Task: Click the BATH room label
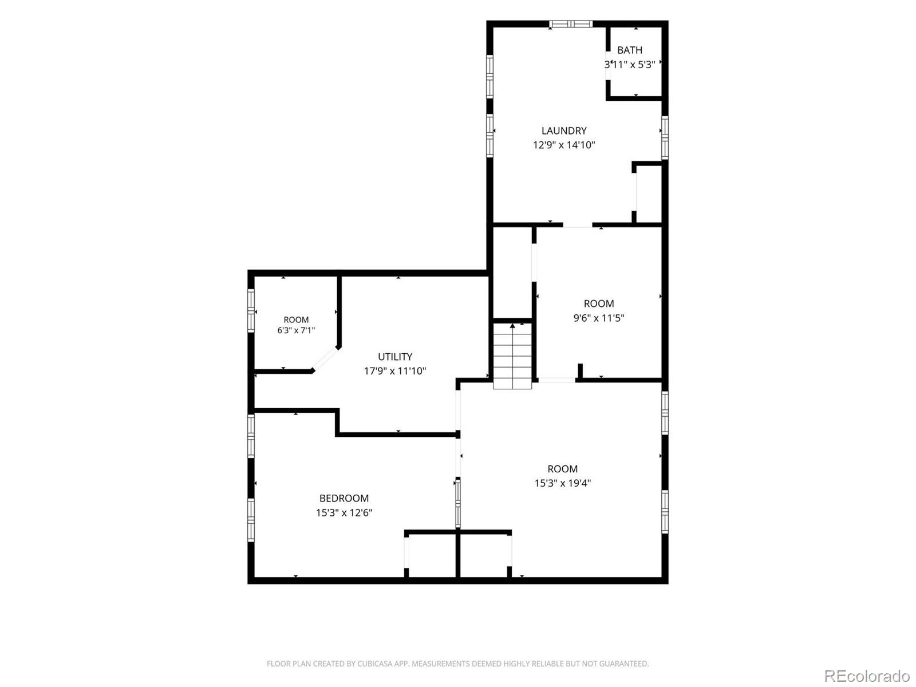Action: tap(629, 50)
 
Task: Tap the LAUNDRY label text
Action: tap(564, 131)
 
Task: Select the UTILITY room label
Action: tap(395, 357)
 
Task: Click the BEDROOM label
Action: tap(344, 498)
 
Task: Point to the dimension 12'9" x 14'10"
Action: tap(564, 145)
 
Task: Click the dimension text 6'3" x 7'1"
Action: tap(296, 330)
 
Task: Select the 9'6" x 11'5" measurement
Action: tap(598, 318)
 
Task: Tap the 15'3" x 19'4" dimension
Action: tap(563, 483)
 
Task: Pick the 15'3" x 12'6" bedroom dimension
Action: tap(344, 512)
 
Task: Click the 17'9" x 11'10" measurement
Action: tap(395, 371)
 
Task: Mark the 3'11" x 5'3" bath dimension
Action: tap(629, 65)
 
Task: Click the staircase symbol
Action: tap(512, 356)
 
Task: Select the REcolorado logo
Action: tap(867, 674)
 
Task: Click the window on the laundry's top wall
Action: tap(570, 24)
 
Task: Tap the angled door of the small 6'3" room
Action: tap(326, 359)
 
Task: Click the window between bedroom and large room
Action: tap(458, 503)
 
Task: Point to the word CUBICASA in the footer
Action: tap(372, 664)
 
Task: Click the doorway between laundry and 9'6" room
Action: tap(578, 225)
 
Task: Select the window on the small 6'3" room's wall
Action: tap(251, 311)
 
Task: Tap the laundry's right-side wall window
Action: tap(665, 137)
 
